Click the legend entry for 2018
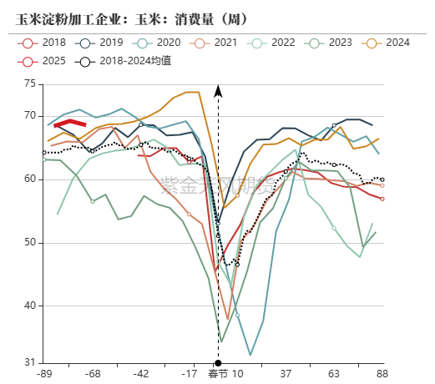point(46,43)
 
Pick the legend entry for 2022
point(275,43)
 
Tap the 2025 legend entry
point(46,61)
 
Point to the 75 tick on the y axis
point(30,83)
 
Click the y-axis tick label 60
point(30,179)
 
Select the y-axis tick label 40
point(30,306)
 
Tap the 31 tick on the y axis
point(30,362)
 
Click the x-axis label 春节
point(218,374)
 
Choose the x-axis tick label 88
point(382,374)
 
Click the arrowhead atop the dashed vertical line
point(218,90)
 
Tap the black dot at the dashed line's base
point(218,363)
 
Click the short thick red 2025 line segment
point(70,123)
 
